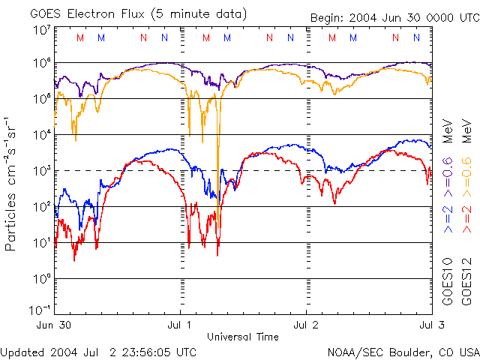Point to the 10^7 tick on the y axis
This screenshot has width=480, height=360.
(x=42, y=30)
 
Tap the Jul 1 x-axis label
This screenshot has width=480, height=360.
(x=181, y=325)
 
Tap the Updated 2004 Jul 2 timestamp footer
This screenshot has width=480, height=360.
(x=99, y=351)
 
